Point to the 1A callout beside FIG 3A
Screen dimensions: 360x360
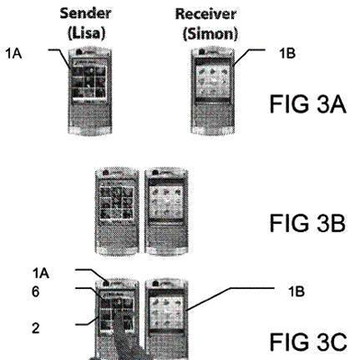click(13, 51)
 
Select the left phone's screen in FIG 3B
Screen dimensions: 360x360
click(120, 208)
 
